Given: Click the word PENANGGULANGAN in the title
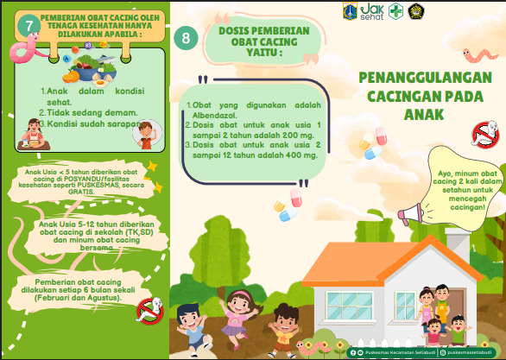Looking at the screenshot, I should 425,78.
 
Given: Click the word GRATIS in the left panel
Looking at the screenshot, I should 83,192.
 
